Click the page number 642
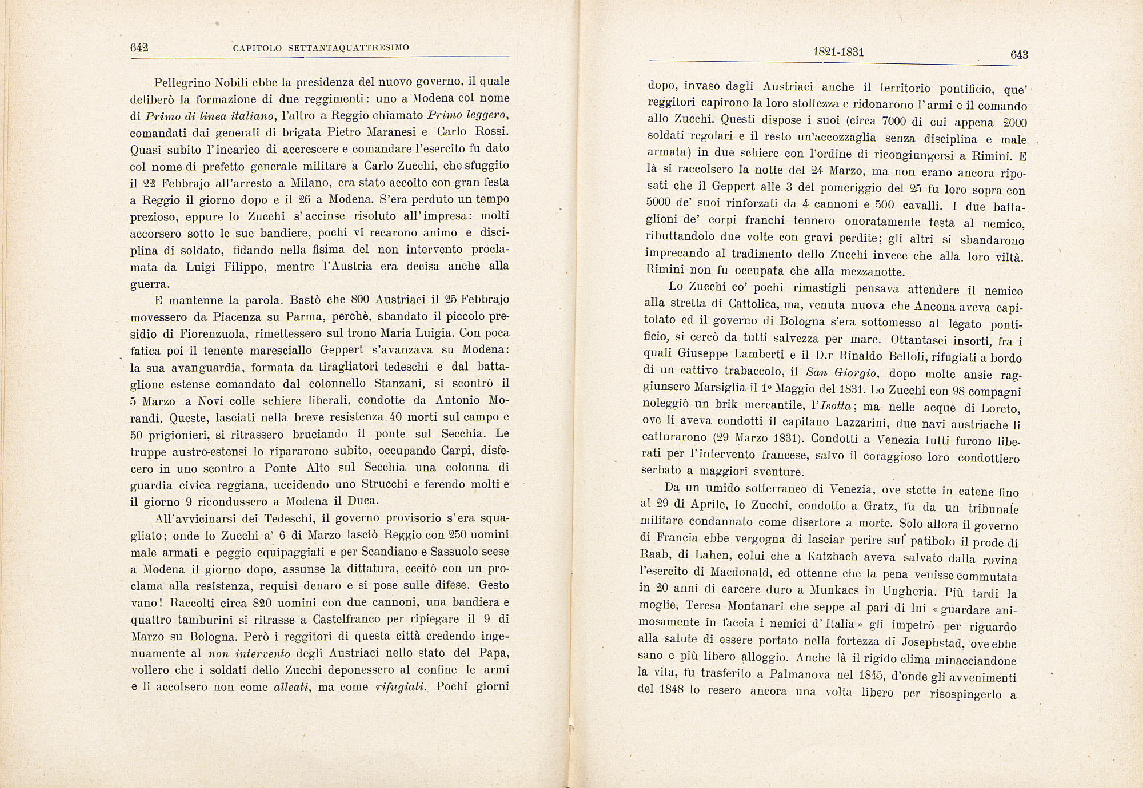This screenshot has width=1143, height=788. tap(139, 48)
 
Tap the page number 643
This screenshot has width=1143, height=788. tap(1019, 55)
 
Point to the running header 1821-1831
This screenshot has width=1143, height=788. tap(838, 53)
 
